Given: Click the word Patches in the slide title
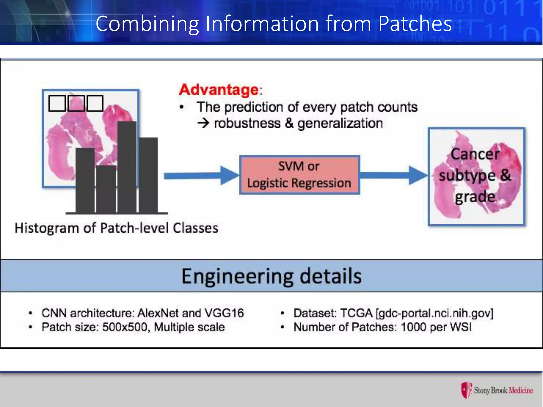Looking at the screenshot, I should pos(415,24).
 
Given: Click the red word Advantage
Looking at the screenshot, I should pos(219,90).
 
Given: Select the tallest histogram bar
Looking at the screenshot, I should pos(127,167).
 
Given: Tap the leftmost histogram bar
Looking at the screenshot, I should pos(85,180).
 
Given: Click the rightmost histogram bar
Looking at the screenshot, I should pos(148,175).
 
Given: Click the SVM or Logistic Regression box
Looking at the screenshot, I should pos(300,175).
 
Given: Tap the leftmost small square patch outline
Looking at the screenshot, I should pos(57,103).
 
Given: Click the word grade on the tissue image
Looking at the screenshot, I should pos(475,197).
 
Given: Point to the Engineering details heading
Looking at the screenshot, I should pos(271,276).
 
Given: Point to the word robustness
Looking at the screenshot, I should pos(247,123).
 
